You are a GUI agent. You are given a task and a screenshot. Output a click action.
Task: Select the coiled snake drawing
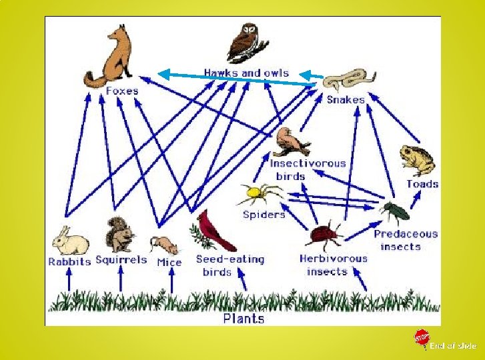click(344, 80)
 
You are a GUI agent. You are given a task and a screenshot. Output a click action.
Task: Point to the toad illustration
click(418, 160)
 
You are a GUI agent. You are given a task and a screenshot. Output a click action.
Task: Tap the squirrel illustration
click(120, 234)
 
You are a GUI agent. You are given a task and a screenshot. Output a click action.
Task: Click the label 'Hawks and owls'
click(246, 71)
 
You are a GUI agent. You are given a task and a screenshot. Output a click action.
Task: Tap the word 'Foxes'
click(122, 91)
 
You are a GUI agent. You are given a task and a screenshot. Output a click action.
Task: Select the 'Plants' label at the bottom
click(243, 318)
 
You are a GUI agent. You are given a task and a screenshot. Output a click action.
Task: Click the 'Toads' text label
click(422, 184)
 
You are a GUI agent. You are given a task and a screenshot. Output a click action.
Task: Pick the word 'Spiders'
click(264, 214)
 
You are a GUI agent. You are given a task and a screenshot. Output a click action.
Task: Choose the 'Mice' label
click(169, 262)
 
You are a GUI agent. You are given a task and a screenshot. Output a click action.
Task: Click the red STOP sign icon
click(421, 338)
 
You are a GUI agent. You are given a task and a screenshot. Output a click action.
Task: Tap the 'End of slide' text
click(452, 345)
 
